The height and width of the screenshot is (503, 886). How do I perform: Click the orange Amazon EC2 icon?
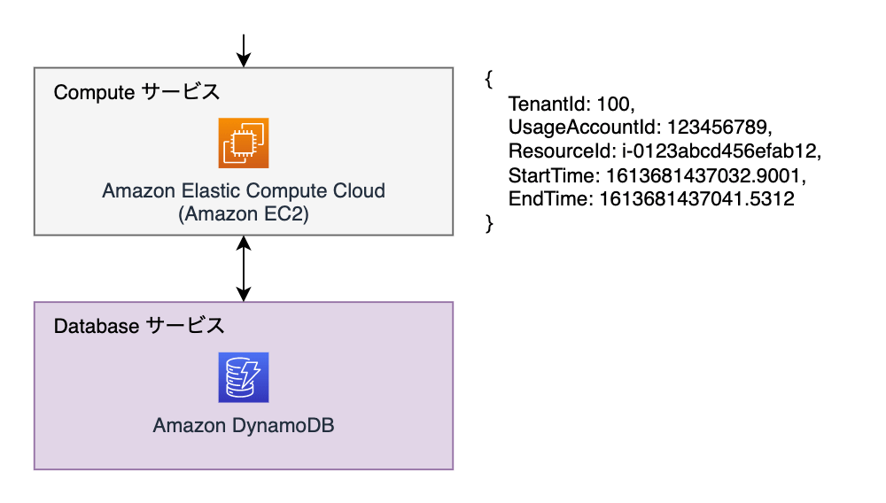[x=244, y=143]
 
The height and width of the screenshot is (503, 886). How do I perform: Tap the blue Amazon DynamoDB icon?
[x=244, y=377]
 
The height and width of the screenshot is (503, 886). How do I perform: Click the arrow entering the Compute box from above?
[x=244, y=50]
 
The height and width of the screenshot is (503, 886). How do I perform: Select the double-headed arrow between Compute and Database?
[x=244, y=268]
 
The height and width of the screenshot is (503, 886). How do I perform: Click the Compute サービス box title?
[x=136, y=92]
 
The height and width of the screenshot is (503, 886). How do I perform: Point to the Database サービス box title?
[x=139, y=326]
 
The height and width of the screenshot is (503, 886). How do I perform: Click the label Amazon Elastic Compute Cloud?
[x=244, y=190]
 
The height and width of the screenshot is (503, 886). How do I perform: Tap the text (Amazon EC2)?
[x=244, y=214]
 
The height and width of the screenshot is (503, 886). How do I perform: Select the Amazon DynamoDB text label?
[x=244, y=425]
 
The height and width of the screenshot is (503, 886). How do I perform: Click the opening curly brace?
[x=489, y=79]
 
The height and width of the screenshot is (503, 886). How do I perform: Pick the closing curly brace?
[x=489, y=223]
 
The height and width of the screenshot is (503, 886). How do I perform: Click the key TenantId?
[x=548, y=104]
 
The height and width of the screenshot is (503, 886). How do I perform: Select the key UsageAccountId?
[x=583, y=127]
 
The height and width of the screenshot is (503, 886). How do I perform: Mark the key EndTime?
[x=549, y=198]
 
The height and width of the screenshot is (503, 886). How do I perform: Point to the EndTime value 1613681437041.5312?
[x=696, y=198]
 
